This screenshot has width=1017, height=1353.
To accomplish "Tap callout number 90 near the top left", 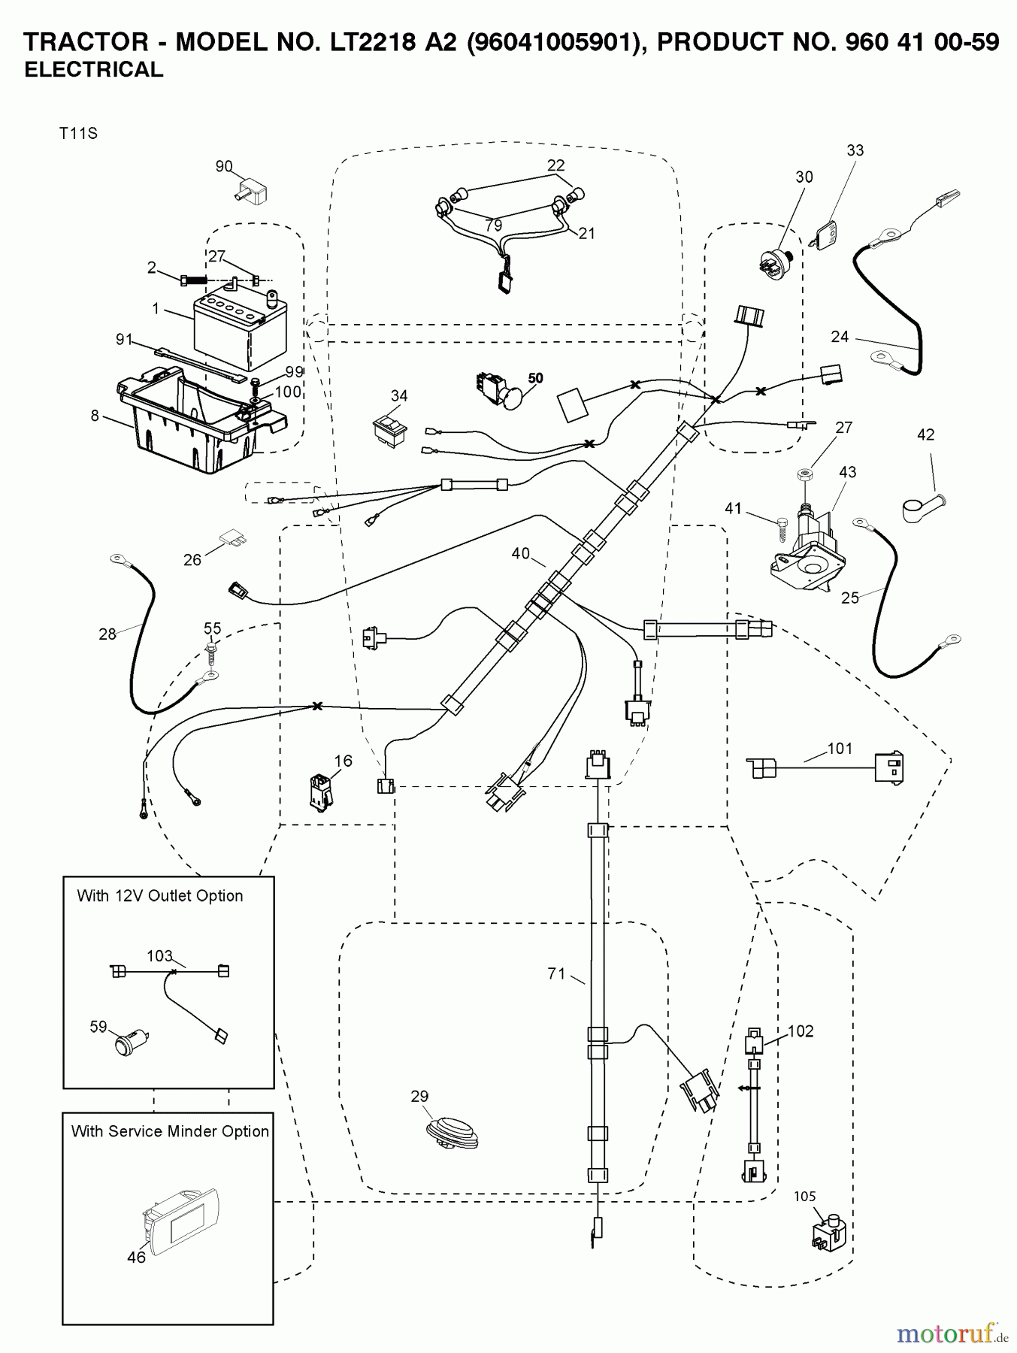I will pos(224,167).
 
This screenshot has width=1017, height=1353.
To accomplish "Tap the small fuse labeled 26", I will pos(232,539).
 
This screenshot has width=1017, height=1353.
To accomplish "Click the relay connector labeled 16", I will pos(319,792).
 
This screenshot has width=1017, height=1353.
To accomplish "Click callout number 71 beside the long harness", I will pos(556,973).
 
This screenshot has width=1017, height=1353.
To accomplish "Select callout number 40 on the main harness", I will pos(520,553).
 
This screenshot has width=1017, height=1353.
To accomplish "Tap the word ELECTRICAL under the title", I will pos(93,70).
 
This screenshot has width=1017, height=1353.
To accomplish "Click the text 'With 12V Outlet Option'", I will pos(160,896).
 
